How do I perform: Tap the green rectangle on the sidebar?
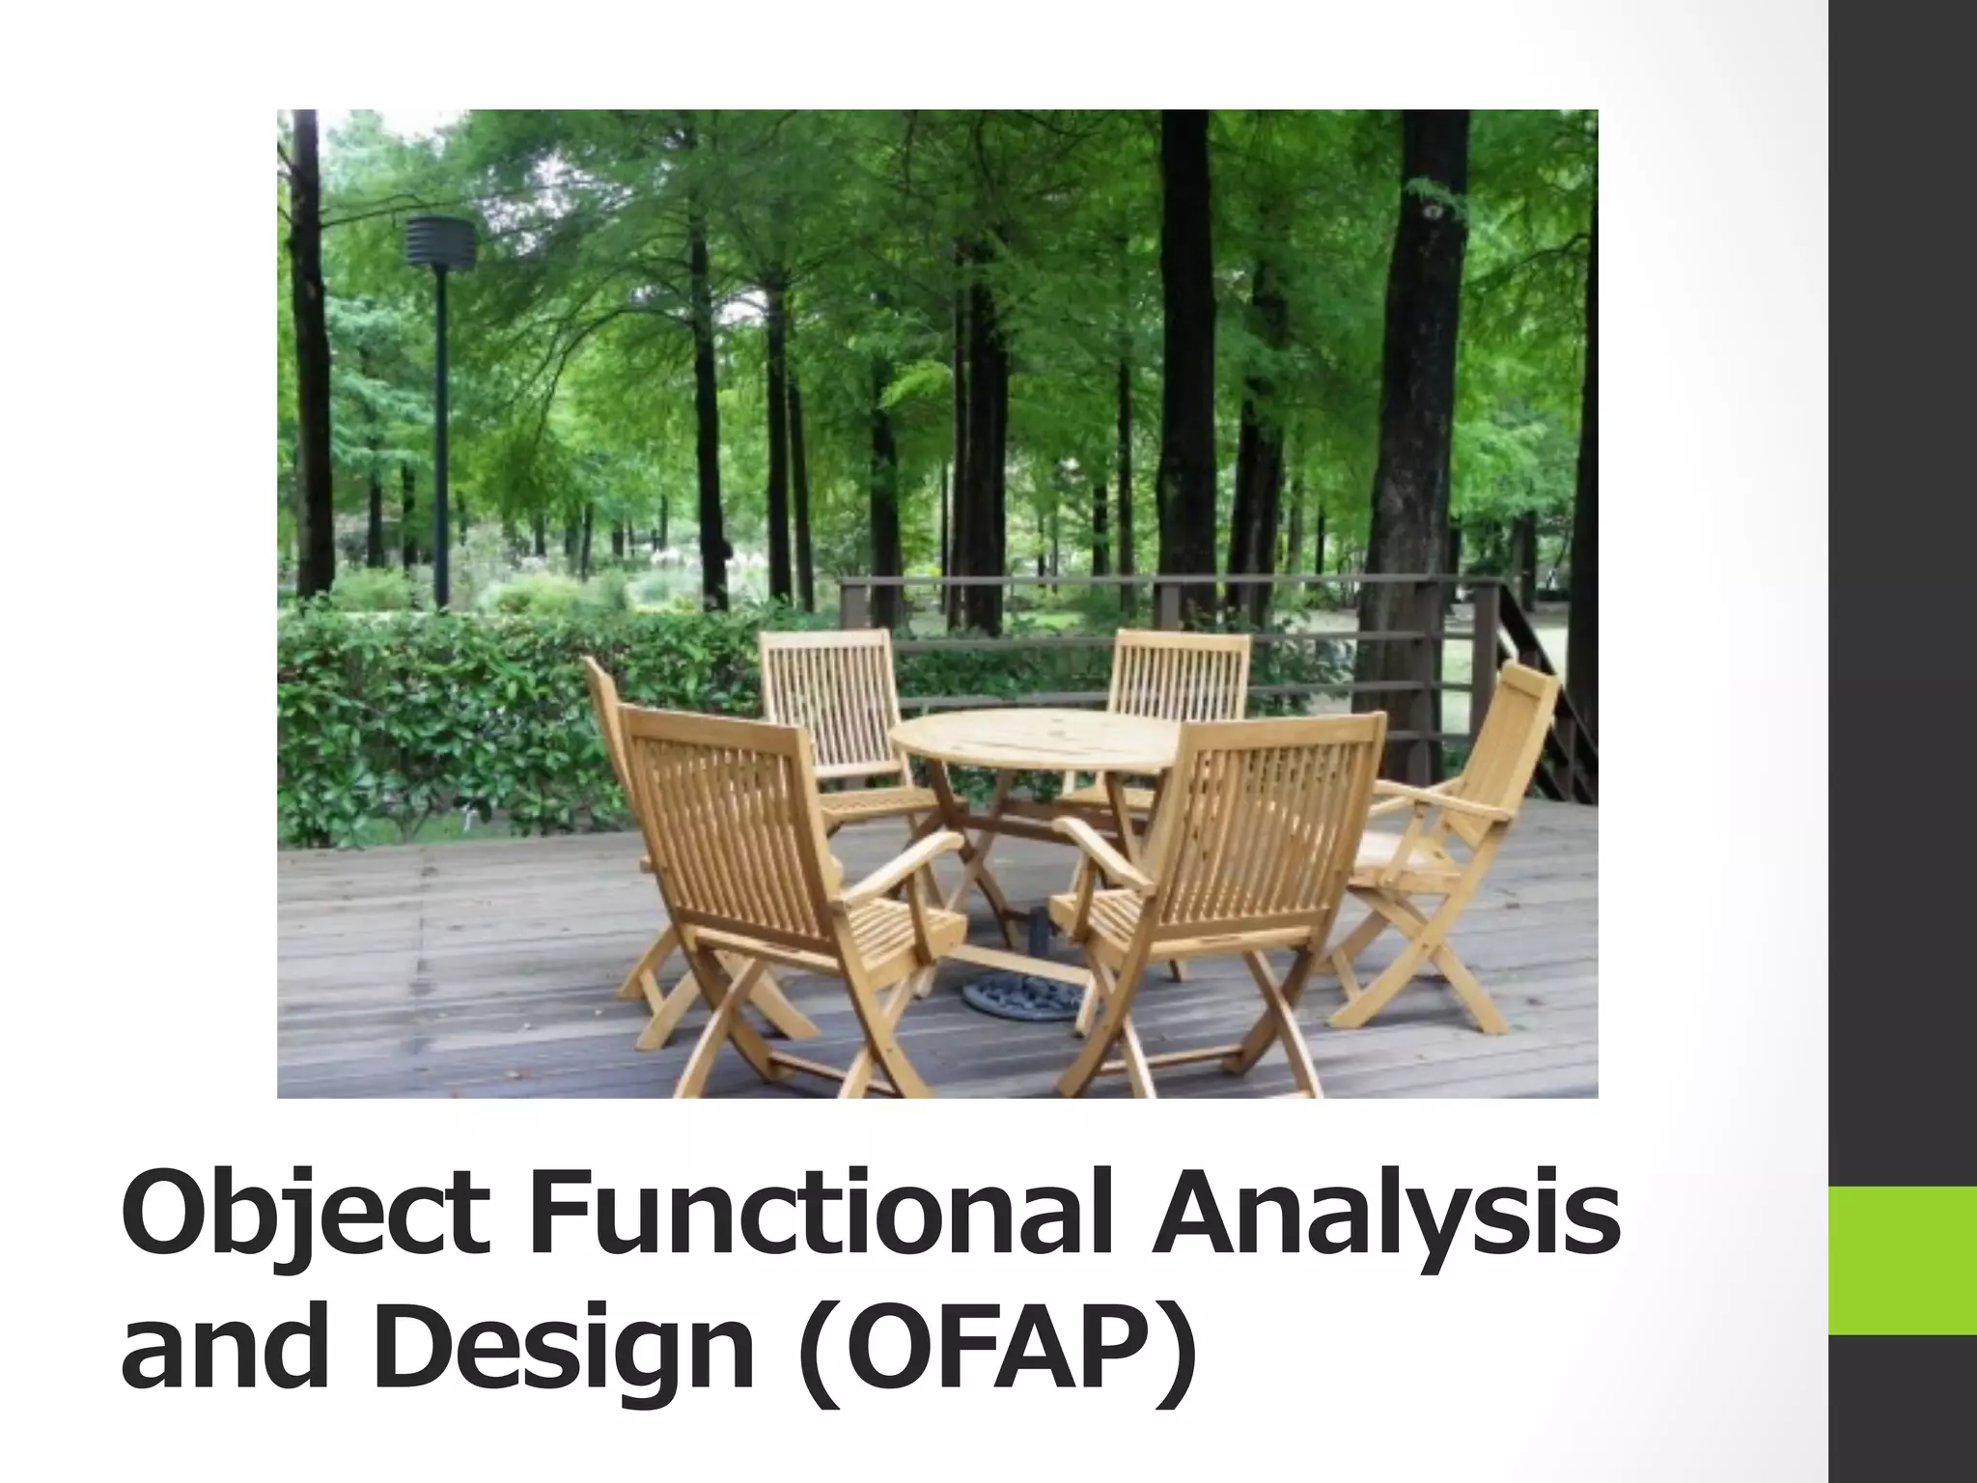(x=1902, y=1259)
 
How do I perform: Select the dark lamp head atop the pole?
(x=440, y=241)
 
